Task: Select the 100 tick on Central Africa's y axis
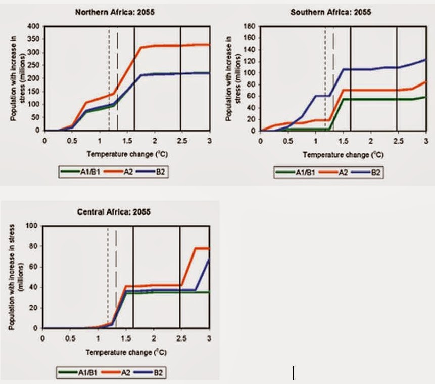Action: click(33, 225)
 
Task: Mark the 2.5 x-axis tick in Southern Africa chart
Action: click(397, 140)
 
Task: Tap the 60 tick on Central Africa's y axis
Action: click(35, 267)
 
